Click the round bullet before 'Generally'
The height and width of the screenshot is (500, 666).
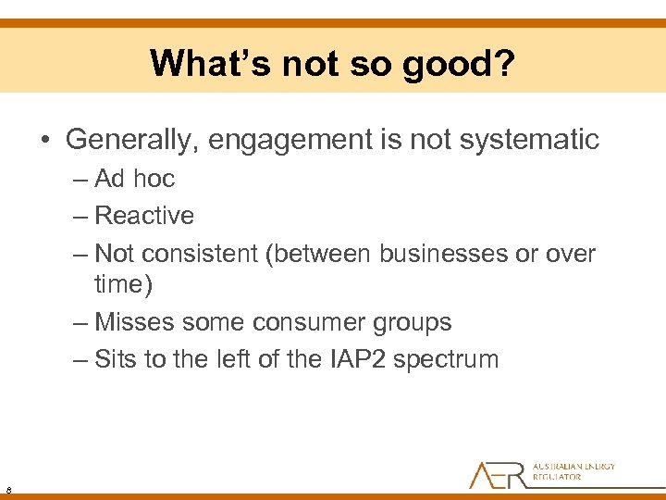pos(46,141)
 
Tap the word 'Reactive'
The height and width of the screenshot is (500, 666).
pos(144,216)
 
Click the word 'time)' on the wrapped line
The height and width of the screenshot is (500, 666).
pos(124,284)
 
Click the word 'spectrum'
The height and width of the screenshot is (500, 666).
pos(446,358)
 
